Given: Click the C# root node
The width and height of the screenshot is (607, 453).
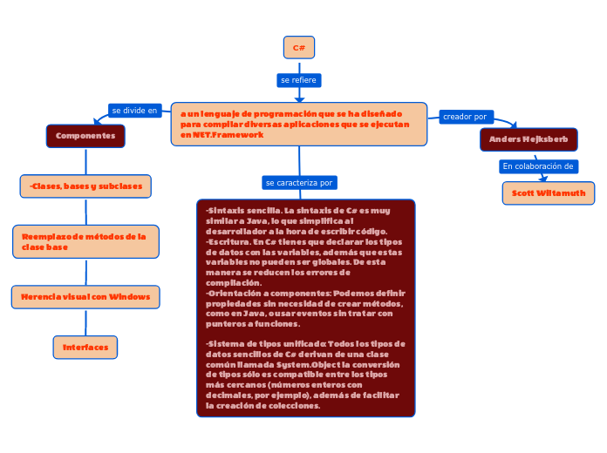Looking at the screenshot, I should pos(298,47).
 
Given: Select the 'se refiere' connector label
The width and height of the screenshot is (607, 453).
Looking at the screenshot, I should pos(298,80).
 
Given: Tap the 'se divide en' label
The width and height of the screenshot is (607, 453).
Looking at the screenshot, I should pos(134,111).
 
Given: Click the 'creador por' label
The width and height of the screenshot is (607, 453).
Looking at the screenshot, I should pos(467,117).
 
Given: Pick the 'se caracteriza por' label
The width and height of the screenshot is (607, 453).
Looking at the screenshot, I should pos(299,183).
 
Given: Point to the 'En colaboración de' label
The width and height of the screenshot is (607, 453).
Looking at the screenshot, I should pos(538,166).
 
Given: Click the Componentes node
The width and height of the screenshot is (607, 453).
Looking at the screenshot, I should pos(85,136).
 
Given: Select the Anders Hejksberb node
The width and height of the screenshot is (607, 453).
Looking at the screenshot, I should pos(529,139).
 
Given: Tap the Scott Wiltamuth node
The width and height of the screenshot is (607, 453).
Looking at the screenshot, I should pos(549,193).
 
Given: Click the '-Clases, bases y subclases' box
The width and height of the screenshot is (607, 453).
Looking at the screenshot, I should pos(85,186).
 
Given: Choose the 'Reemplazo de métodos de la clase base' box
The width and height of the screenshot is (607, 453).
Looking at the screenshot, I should pos(85,241).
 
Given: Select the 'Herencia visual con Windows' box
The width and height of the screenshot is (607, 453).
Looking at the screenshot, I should pos(85,297).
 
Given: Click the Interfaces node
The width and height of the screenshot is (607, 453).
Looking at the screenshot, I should pos(85,348).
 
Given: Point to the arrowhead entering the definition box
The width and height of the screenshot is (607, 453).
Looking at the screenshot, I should pos(299,98).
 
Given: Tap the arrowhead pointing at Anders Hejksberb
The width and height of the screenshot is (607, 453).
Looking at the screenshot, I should pos(513,125).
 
